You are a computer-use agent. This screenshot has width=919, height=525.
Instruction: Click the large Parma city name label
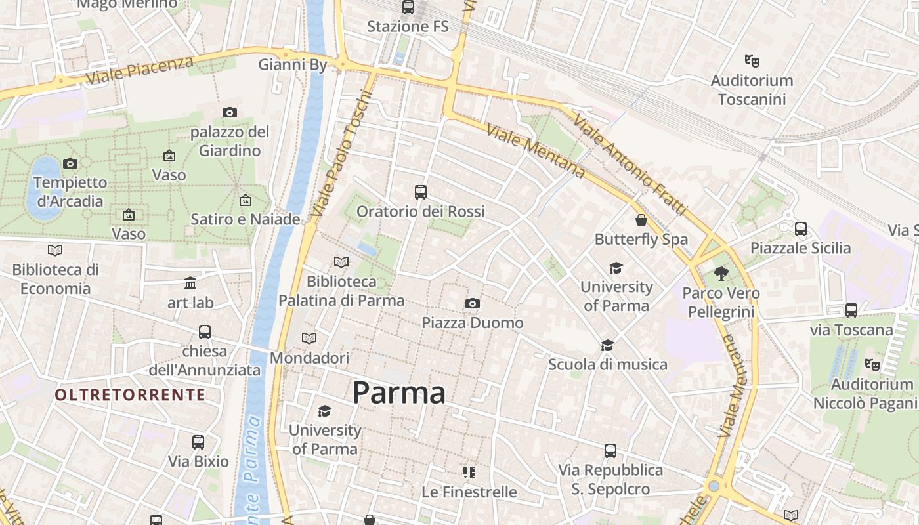pyautogui.click(x=399, y=392)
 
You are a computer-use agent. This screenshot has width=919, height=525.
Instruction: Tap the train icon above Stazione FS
pyautogui.click(x=408, y=7)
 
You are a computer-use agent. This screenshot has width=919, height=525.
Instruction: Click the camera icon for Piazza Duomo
pyautogui.click(x=472, y=303)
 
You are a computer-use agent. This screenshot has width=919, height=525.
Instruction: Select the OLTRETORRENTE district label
pyautogui.click(x=130, y=394)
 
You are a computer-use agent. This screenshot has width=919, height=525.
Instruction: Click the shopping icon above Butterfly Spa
pyautogui.click(x=641, y=220)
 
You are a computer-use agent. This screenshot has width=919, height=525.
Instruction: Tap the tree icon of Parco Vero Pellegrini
pyautogui.click(x=721, y=273)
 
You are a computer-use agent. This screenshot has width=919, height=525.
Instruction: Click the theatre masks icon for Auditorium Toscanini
pyautogui.click(x=752, y=60)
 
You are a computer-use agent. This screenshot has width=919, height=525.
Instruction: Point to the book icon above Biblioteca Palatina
pyautogui.click(x=341, y=262)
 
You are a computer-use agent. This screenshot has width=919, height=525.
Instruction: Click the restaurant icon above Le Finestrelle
pyautogui.click(x=469, y=472)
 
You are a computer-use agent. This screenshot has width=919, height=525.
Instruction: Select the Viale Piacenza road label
pyautogui.click(x=140, y=70)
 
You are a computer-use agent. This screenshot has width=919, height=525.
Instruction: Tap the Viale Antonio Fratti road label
pyautogui.click(x=630, y=164)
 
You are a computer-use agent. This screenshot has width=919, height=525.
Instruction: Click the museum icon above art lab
pyautogui.click(x=190, y=283)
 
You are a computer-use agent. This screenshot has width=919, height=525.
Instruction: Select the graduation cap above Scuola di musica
pyautogui.click(x=608, y=345)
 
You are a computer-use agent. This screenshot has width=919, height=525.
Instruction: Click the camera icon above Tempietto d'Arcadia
pyautogui.click(x=70, y=163)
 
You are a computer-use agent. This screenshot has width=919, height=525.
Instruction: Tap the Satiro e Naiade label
pyautogui.click(x=245, y=219)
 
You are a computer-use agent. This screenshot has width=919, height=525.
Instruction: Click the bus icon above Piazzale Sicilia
pyautogui.click(x=800, y=228)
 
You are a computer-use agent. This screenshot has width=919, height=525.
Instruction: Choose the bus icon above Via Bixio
pyautogui.click(x=198, y=442)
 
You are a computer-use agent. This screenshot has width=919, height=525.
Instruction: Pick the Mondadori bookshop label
pyautogui.click(x=309, y=358)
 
